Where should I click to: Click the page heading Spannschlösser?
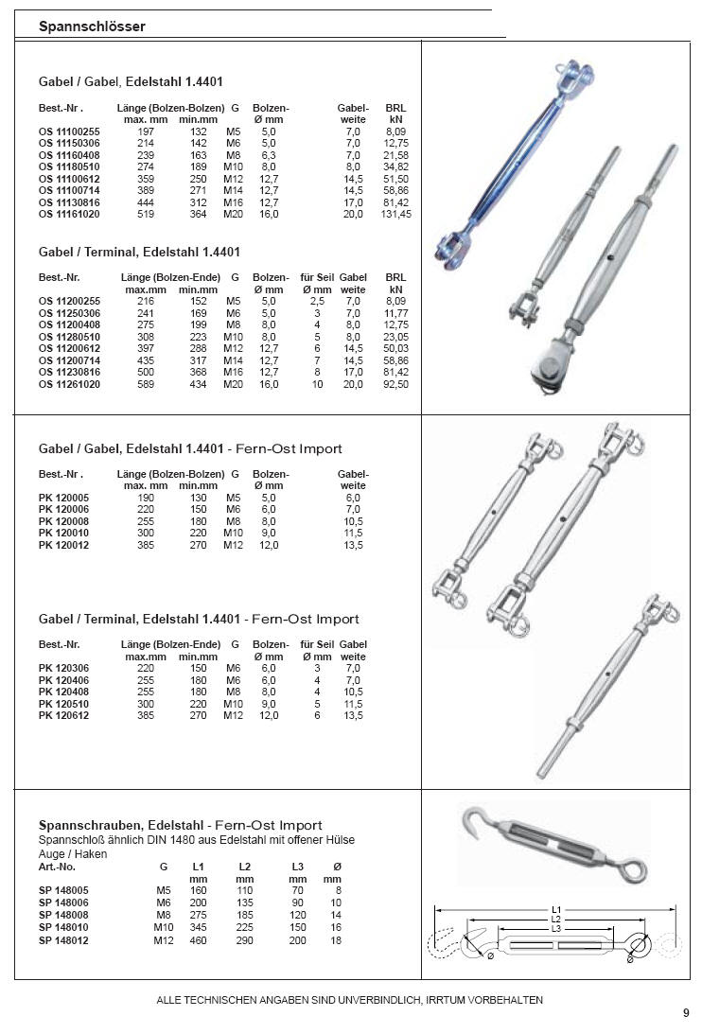pyautogui.click(x=92, y=27)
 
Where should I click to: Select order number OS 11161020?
pyautogui.click(x=69, y=215)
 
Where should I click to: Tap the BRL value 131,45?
pyautogui.click(x=396, y=215)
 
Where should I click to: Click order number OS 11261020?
pyautogui.click(x=69, y=385)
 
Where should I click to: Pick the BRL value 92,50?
pyautogui.click(x=396, y=385)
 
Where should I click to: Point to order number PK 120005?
pyautogui.click(x=64, y=498)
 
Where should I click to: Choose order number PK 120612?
pyautogui.click(x=64, y=716)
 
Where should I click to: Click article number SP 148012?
pyautogui.click(x=64, y=940)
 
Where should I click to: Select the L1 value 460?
pyautogui.click(x=198, y=940)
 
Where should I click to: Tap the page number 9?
pyautogui.click(x=686, y=1013)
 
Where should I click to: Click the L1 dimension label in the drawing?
pyautogui.click(x=556, y=910)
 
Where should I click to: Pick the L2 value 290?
pyautogui.click(x=245, y=940)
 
